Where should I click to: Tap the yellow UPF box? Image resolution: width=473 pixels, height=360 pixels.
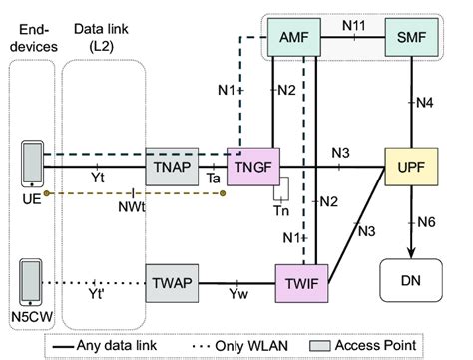tap(410, 161)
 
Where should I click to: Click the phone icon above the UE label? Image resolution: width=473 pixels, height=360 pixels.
tap(33, 160)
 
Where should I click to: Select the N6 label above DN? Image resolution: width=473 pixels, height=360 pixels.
tap(426, 221)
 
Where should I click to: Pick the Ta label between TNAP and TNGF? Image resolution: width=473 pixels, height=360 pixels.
tap(212, 176)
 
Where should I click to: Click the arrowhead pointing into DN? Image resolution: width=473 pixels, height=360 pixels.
tap(410, 254)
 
